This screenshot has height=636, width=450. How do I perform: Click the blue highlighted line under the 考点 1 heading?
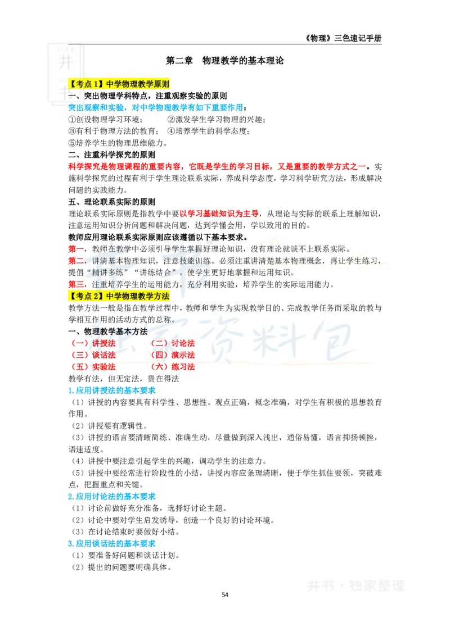click(155, 107)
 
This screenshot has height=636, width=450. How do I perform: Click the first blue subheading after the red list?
click(112, 390)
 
